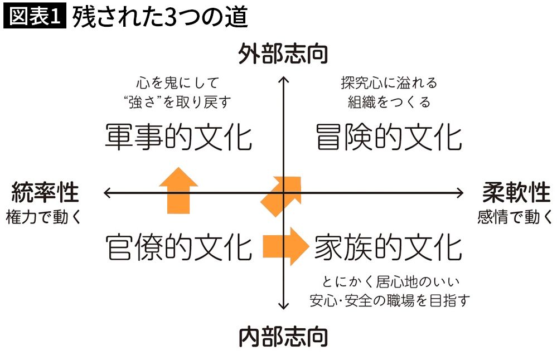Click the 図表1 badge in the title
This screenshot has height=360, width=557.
[x=35, y=17]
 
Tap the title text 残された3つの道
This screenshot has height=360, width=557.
[x=159, y=17]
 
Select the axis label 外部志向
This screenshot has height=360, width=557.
[x=283, y=55]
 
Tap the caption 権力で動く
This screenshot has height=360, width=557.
[x=43, y=217]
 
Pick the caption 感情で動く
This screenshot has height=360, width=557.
[x=515, y=217]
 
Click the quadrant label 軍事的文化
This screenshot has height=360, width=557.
[x=178, y=137]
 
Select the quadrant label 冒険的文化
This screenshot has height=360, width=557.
[x=388, y=137]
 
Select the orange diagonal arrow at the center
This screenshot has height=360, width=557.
[x=283, y=195]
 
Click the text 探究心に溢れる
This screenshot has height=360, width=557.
[x=389, y=84]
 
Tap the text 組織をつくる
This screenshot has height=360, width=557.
[x=389, y=102]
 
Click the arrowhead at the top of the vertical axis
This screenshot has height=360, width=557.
[x=283, y=80]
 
